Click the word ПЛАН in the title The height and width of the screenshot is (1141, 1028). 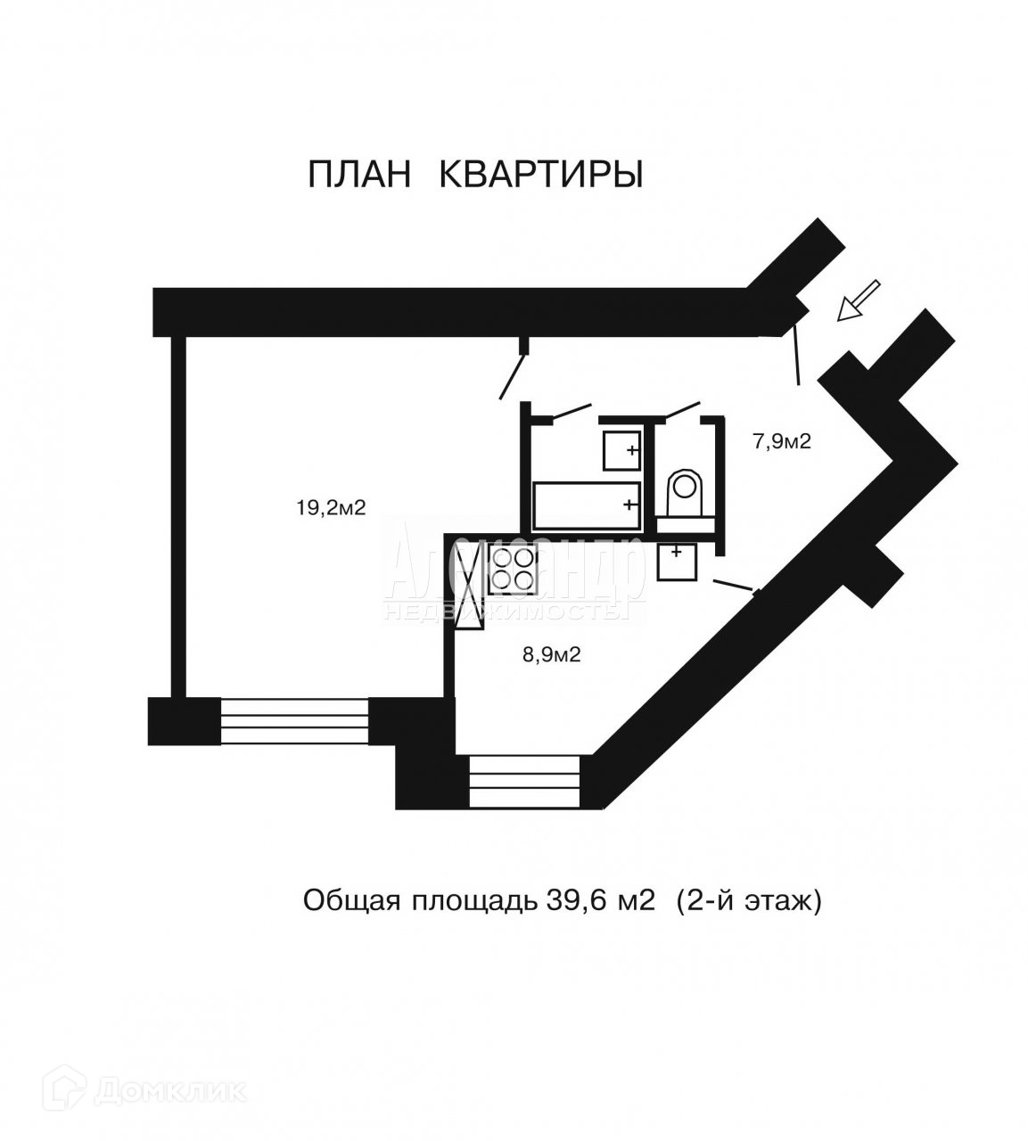tap(358, 175)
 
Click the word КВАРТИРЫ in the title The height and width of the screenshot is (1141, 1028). tap(542, 175)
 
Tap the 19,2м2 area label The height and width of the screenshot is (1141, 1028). tap(332, 509)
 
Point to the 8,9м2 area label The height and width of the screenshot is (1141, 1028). tap(552, 655)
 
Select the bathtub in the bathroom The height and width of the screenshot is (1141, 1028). tap(587, 505)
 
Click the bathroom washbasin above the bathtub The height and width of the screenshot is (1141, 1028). tap(621, 450)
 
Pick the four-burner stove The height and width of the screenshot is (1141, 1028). tap(514, 569)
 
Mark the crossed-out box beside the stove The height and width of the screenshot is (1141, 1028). tap(467, 586)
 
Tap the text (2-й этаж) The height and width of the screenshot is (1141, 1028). tap(747, 901)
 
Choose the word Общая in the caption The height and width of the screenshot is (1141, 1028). tap(352, 901)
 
